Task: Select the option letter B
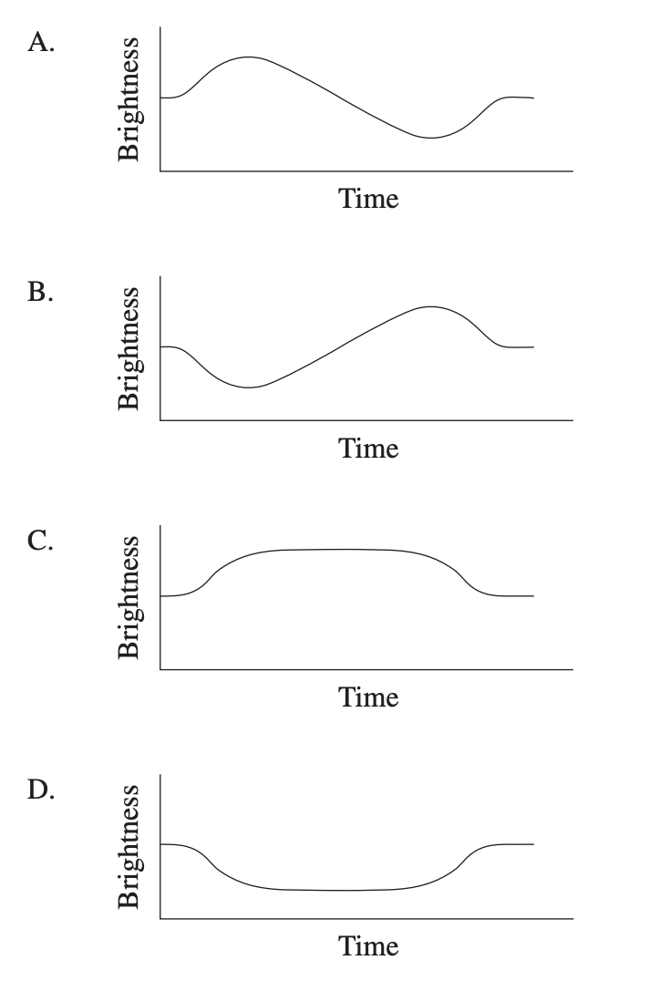(x=42, y=294)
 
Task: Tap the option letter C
(x=42, y=542)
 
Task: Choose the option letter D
(x=42, y=791)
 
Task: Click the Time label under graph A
(x=368, y=199)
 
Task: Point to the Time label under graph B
(x=368, y=448)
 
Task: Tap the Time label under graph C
(x=368, y=697)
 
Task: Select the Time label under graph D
(x=368, y=945)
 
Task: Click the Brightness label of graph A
(x=130, y=99)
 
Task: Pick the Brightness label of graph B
(x=130, y=348)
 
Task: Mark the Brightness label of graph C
(x=130, y=597)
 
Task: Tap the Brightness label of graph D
(x=130, y=846)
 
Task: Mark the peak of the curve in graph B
(x=431, y=307)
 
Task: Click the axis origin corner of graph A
(x=160, y=171)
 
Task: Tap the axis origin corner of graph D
(x=160, y=918)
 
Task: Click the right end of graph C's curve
(x=533, y=595)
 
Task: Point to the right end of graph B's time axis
(x=572, y=420)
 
